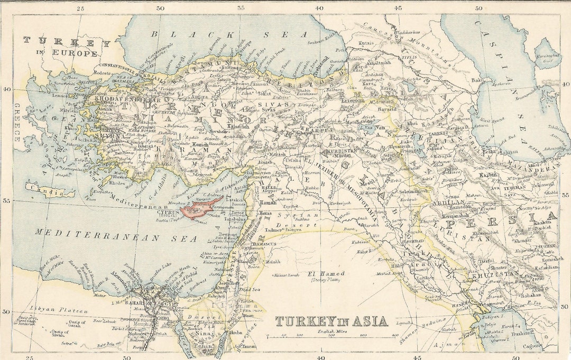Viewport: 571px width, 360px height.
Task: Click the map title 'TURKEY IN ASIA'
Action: pyautogui.click(x=331, y=321)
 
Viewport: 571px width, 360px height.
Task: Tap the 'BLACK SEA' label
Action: pyautogui.click(x=228, y=34)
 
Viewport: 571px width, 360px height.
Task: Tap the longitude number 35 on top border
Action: pyautogui.click(x=241, y=8)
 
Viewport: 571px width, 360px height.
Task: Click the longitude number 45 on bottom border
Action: pyautogui.click(x=418, y=357)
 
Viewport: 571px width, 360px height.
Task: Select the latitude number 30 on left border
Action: pyautogui.click(x=6, y=312)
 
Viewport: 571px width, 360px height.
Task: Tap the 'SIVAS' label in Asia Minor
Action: pyautogui.click(x=281, y=104)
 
